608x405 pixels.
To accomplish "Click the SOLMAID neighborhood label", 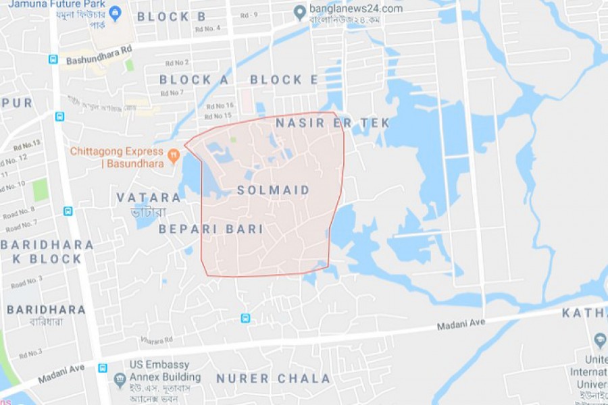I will (x=274, y=191).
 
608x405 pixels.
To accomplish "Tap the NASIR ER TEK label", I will (x=332, y=123).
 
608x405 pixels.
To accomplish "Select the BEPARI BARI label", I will (x=211, y=230).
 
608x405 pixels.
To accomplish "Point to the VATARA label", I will (x=149, y=198).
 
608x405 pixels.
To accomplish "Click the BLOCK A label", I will (x=194, y=80).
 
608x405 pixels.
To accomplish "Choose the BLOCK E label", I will (x=284, y=80).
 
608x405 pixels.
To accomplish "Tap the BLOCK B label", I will (x=172, y=17).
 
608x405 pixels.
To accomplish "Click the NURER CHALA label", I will (x=274, y=379).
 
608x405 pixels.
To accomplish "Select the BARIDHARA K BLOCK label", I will (x=46, y=251).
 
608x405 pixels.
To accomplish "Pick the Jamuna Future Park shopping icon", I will (x=116, y=11).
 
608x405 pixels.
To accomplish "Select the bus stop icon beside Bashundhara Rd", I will (x=53, y=59).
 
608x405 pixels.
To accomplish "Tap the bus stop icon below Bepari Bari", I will (x=245, y=318).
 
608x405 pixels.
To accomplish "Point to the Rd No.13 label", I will (x=27, y=145).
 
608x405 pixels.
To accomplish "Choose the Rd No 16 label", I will (x=220, y=106).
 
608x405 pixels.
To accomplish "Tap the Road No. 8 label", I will (x=19, y=213).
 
